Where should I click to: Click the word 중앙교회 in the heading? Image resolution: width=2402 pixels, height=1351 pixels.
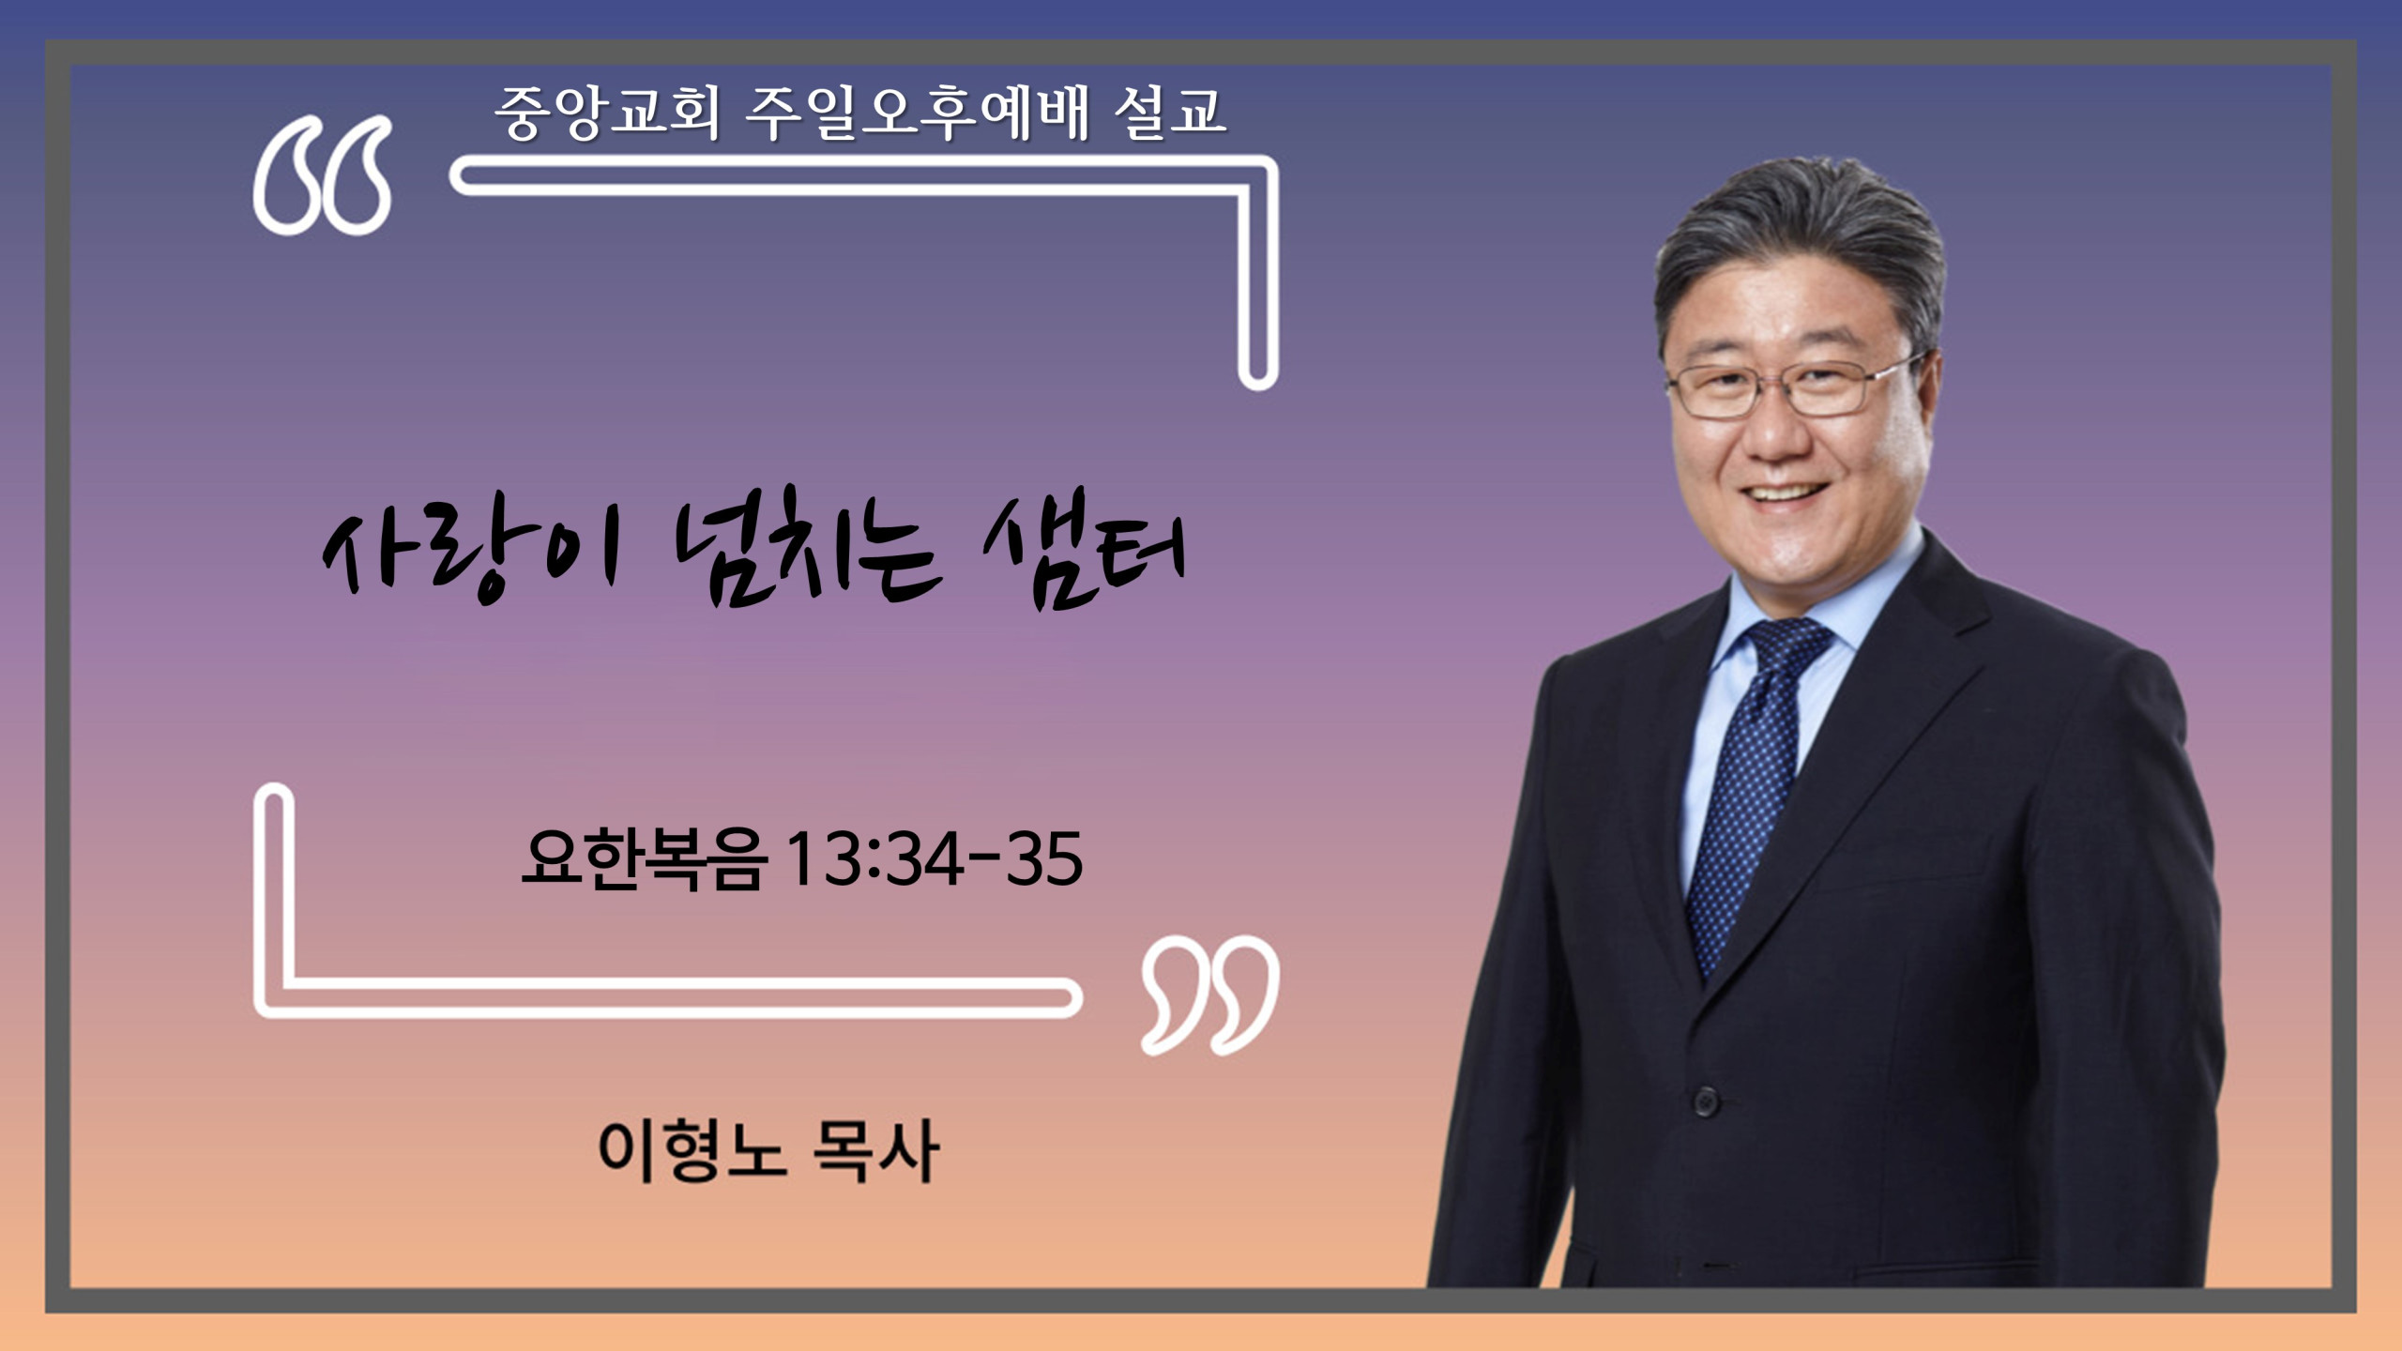[x=607, y=113]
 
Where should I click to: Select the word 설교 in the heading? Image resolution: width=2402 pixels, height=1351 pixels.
[x=1170, y=113]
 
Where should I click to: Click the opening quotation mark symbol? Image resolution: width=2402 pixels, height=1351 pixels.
[x=322, y=175]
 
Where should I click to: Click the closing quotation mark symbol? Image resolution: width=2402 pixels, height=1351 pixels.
[x=1210, y=994]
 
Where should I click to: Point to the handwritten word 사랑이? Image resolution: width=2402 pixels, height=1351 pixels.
[x=472, y=551]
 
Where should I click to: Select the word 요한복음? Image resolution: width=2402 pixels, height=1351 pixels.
[x=645, y=858]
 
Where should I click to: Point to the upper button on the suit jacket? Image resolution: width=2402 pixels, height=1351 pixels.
[x=1706, y=1100]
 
